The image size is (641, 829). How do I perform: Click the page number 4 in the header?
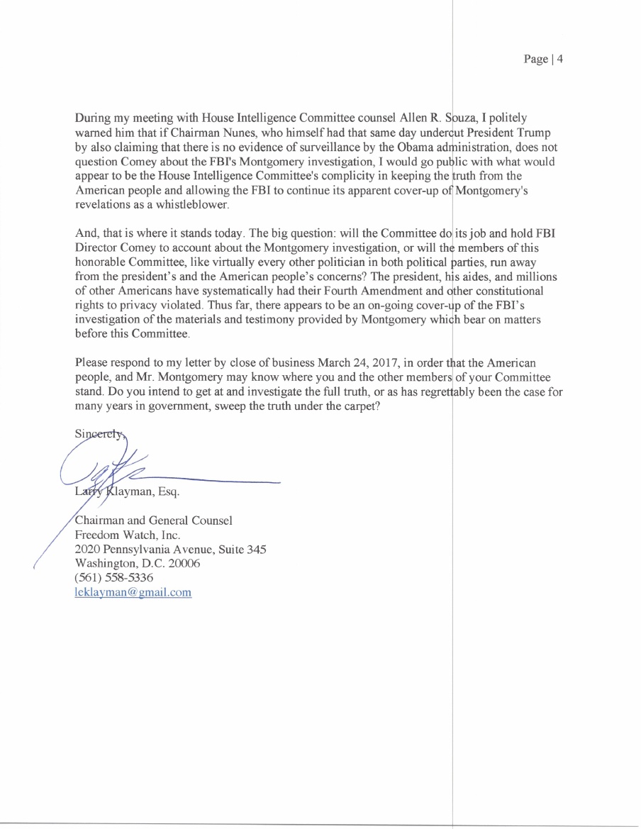pyautogui.click(x=559, y=60)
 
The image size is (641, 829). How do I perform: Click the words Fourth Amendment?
pyautogui.click(x=381, y=291)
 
